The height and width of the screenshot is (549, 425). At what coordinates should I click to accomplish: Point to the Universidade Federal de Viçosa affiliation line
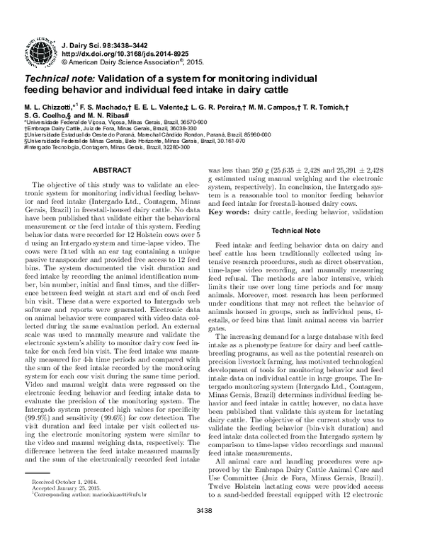pos(116,122)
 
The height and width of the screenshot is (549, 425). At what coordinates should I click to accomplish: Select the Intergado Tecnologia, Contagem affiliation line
pos(106,146)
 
